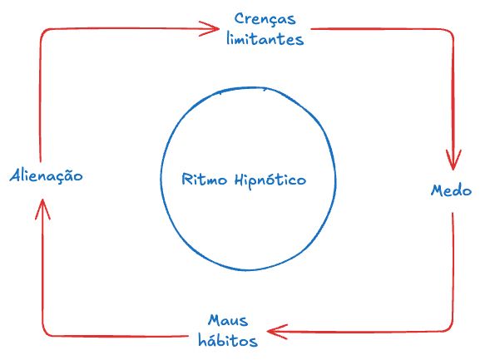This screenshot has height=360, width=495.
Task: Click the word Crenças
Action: [x=264, y=18]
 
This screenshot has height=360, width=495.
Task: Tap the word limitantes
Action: [x=264, y=39]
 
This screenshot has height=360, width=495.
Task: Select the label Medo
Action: [x=451, y=190]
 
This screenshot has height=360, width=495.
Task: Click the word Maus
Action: [x=226, y=320]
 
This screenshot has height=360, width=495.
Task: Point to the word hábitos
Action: [x=226, y=341]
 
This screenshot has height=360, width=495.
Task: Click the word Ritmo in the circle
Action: [x=200, y=180]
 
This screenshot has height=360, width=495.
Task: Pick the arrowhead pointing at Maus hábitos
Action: [x=275, y=333]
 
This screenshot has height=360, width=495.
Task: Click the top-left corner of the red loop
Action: [x=42, y=32]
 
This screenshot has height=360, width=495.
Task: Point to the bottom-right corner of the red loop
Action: [x=452, y=331]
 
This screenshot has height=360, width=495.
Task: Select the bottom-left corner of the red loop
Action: [x=43, y=334]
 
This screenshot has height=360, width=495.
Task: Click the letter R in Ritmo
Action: [x=185, y=180]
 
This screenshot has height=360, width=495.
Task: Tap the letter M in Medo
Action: [x=436, y=190]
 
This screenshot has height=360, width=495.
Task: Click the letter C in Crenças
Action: [x=240, y=18]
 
